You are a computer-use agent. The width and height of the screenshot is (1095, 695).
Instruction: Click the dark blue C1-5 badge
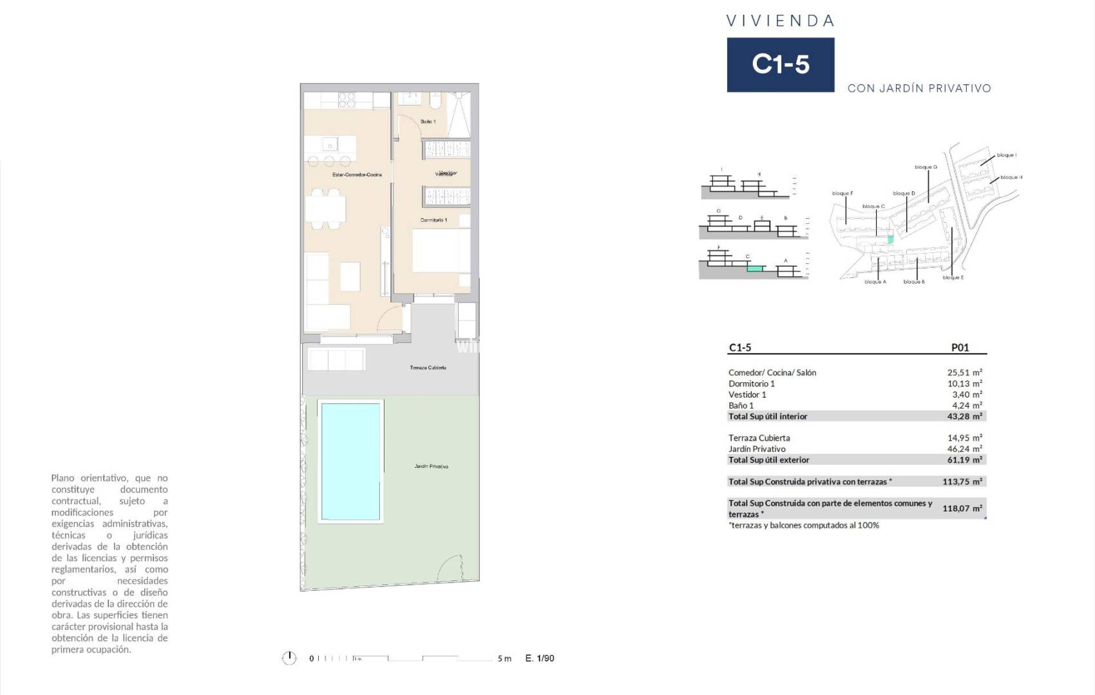pos(780,64)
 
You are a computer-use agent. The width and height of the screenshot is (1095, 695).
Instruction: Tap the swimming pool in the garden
pos(350,461)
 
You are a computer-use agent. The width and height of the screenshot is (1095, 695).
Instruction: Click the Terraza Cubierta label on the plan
pos(428,367)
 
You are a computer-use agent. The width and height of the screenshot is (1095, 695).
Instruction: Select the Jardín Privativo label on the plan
pos(431,466)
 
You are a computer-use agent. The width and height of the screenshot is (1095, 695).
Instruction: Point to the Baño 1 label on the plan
pos(428,122)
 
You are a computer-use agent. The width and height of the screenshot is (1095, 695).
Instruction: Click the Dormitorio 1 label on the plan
pos(433,220)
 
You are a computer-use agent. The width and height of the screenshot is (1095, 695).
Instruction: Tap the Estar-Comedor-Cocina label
pos(357,175)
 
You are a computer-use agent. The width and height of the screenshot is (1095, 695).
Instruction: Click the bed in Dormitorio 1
pos(441,251)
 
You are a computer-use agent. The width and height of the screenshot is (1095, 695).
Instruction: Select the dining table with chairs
pos(325,208)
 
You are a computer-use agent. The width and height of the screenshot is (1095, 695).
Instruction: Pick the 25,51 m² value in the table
pos(964,373)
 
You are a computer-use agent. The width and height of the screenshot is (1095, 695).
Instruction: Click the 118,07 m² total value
pos(962,508)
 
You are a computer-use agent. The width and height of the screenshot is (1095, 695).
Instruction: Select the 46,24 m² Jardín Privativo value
pos(964,449)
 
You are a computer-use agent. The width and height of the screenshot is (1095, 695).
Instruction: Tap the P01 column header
pos(960,347)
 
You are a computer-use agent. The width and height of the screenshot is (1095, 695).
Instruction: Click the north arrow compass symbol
pos(289,658)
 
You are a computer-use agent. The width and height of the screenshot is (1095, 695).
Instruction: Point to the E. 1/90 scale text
pos(540,658)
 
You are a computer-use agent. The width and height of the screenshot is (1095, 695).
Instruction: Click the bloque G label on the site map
pos(926,167)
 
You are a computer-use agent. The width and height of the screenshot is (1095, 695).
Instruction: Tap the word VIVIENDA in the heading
pos(780,21)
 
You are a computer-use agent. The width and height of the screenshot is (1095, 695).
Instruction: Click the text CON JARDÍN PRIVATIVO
pos(919,89)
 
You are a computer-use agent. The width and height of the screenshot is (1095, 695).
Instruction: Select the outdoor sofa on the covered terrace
pos(336,359)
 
